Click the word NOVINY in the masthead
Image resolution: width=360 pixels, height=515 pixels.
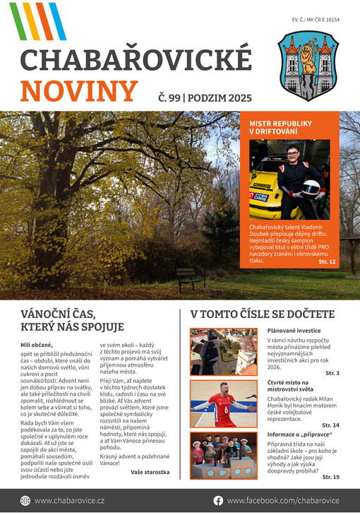(78, 91)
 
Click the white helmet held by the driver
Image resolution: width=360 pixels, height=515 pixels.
(310, 189)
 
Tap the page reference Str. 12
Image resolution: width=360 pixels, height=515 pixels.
(327, 262)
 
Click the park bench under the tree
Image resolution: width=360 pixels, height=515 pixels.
(191, 278)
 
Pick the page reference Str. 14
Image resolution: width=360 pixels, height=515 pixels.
(330, 425)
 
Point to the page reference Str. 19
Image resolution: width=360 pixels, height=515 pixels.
(330, 477)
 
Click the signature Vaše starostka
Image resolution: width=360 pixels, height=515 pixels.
(150, 471)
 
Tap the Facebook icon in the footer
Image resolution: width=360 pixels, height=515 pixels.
(218, 500)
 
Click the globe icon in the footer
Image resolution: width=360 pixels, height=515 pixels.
(25, 500)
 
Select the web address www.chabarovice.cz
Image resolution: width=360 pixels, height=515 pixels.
(69, 500)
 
